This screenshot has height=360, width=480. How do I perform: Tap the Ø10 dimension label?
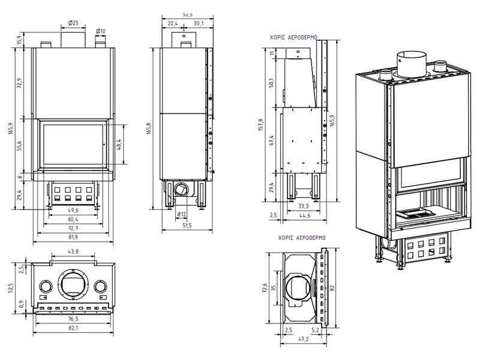(x=100, y=31)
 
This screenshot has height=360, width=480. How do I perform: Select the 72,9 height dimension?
(x=19, y=83)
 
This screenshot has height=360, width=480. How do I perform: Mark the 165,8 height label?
(x=149, y=128)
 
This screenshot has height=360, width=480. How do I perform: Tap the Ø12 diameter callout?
(x=181, y=214)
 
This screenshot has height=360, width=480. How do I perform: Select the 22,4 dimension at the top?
(x=173, y=23)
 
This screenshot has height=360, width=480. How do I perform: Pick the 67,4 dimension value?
(x=271, y=140)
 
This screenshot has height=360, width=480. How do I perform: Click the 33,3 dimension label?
(x=304, y=205)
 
